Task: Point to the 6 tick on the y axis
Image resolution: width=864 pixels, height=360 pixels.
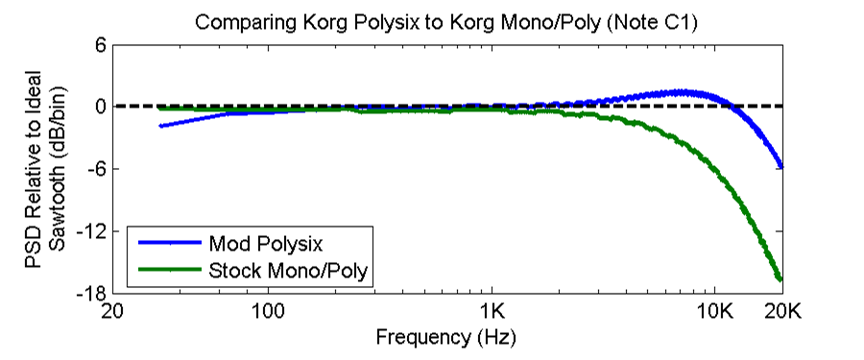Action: (98, 44)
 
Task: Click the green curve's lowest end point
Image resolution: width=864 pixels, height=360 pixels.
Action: (780, 279)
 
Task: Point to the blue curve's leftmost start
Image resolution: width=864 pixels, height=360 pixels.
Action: (160, 126)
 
